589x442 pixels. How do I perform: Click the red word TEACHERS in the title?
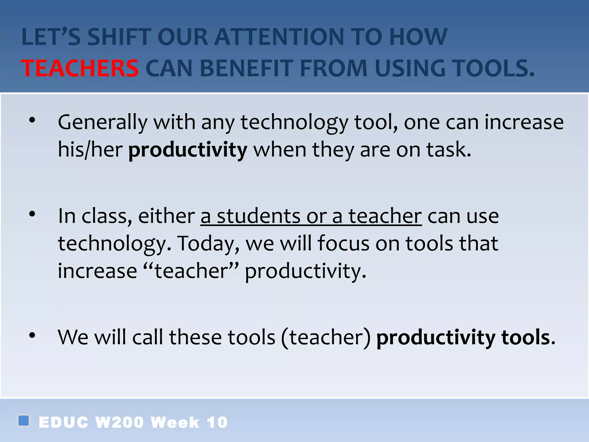[x=80, y=68]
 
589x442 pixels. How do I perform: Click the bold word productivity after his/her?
[x=188, y=150]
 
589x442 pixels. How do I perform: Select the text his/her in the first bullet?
[x=90, y=150]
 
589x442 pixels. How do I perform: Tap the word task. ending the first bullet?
[x=449, y=150]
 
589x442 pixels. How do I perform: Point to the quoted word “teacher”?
[x=191, y=271]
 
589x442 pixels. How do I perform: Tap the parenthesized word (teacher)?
[x=326, y=337]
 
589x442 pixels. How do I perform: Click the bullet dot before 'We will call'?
[x=32, y=335]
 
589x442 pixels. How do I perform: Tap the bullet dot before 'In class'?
[x=32, y=214]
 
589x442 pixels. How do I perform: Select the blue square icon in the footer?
[x=24, y=420]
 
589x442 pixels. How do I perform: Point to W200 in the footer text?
[x=119, y=422]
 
